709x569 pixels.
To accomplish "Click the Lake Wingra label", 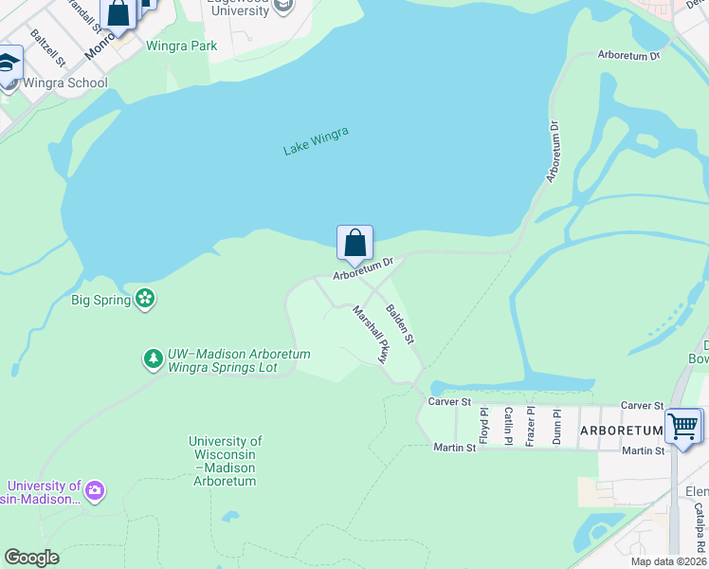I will click(x=317, y=140).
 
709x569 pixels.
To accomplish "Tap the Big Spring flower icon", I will click(x=145, y=300).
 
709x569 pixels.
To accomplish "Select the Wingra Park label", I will click(x=181, y=46).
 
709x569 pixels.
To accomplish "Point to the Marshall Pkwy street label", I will click(x=372, y=333).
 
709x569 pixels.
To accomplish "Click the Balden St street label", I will click(x=400, y=323).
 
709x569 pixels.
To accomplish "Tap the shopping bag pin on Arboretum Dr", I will click(x=354, y=243).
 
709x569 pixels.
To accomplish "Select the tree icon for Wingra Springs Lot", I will click(x=153, y=358).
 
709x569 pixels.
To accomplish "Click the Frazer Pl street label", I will click(x=532, y=425).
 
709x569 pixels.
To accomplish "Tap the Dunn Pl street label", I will click(x=557, y=425).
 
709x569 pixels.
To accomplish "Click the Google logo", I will click(x=31, y=558).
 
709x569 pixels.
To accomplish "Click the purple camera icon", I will click(x=94, y=491).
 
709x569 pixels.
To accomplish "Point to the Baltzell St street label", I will click(x=47, y=47).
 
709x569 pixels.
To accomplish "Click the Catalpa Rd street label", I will click(x=700, y=527).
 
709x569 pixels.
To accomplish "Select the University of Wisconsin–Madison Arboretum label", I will click(x=225, y=461).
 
